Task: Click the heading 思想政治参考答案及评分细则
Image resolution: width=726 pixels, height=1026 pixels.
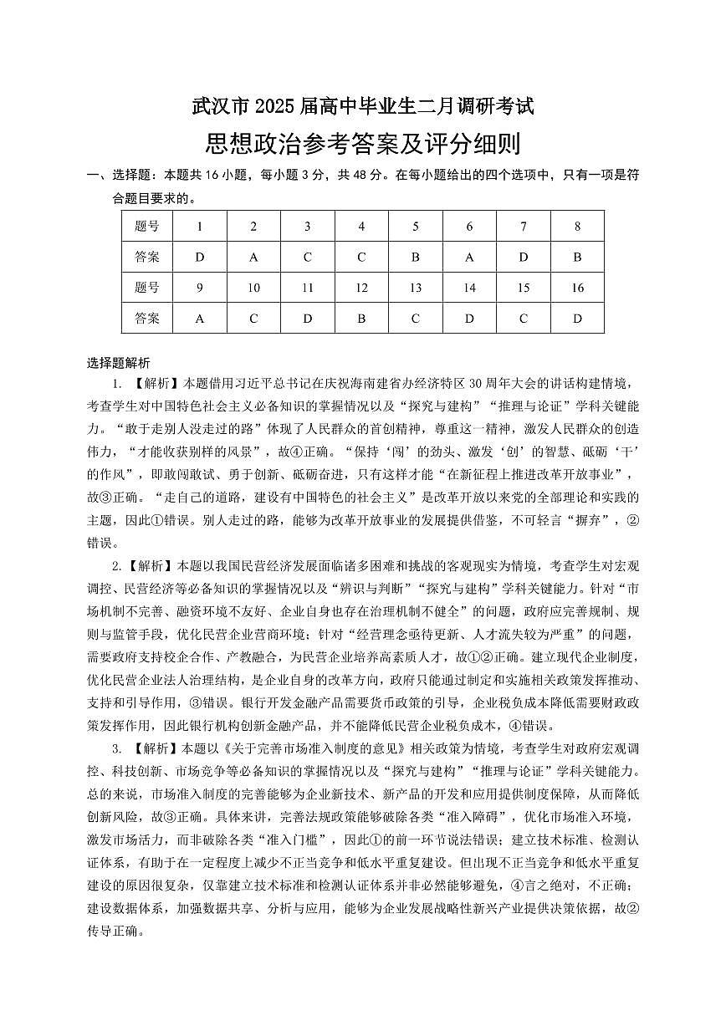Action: tap(363, 144)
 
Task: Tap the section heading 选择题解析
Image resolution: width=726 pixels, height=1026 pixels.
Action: tap(119, 362)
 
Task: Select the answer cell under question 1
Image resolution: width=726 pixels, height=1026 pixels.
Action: tap(199, 257)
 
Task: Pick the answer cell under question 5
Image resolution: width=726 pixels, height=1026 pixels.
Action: tap(415, 257)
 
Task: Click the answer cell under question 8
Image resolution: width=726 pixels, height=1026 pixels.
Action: tap(577, 257)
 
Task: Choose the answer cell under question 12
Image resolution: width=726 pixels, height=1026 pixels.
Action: tap(361, 319)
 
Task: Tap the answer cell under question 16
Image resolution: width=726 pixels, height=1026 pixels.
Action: tap(577, 319)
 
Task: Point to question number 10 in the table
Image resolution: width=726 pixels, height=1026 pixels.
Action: tap(253, 288)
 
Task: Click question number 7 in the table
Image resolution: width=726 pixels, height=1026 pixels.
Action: tap(524, 226)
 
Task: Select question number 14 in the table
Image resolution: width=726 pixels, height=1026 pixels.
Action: tap(469, 288)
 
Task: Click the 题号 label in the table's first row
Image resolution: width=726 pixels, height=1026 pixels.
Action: tap(146, 226)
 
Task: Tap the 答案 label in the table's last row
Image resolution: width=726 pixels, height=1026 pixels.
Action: tap(146, 319)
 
